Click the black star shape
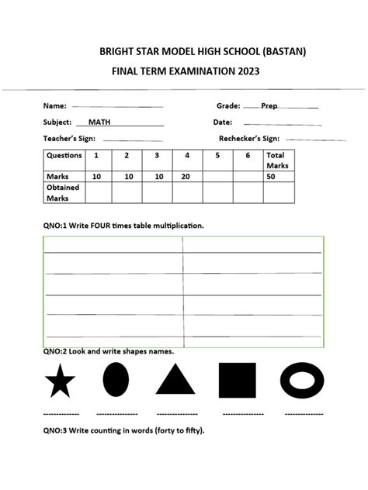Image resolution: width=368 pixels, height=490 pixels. tap(61, 381)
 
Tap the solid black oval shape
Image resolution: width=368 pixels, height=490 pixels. tap(116, 380)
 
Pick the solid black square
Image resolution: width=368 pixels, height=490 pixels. tap(238, 380)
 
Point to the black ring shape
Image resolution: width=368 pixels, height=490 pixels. tap(301, 380)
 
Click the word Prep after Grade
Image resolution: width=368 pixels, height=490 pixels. tap(269, 105)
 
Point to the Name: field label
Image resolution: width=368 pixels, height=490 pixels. tap(54, 105)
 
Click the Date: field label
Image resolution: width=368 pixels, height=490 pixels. tap(223, 122)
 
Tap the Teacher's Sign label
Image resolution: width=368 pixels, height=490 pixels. tap(70, 138)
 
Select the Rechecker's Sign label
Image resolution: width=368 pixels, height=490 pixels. tap(248, 138)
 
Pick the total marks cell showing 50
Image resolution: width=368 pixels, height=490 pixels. tap(271, 177)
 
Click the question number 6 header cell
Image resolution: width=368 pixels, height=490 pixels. tap(248, 155)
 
